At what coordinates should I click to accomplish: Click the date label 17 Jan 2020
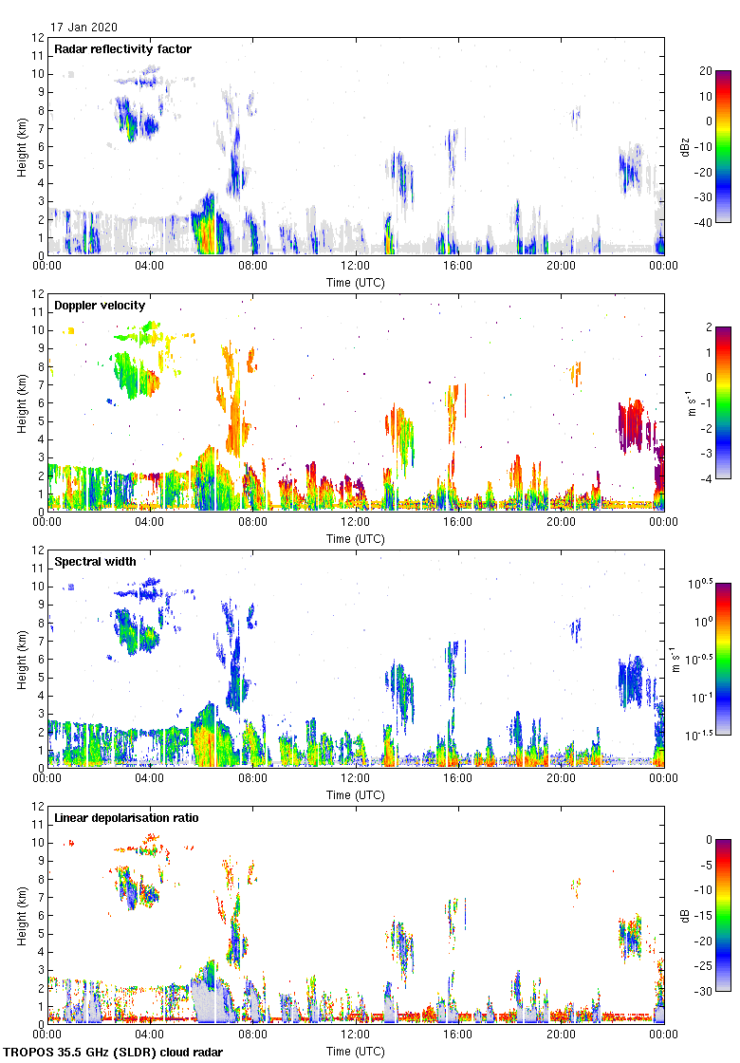pos(84,28)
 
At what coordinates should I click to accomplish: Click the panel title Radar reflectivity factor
pos(123,49)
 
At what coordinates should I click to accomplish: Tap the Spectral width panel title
pos(95,562)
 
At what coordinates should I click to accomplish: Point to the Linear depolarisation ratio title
pos(126,818)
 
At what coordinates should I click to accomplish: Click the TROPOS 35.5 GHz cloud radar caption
pos(114,1053)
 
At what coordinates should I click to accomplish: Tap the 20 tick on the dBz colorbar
pos(706,71)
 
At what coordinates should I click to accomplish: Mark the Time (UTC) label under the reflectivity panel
pos(356,282)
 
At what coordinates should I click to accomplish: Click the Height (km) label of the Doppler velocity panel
pos(21,402)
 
